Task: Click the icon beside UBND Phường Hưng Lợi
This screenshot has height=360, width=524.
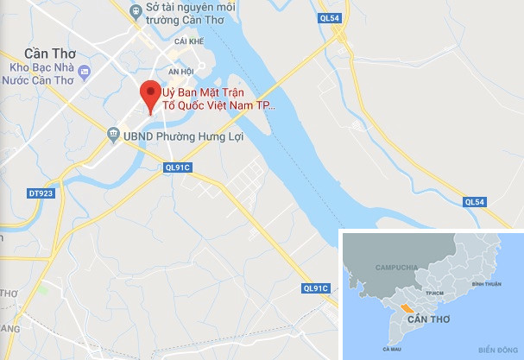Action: click(x=113, y=136)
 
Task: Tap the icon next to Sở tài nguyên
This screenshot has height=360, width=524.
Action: click(x=135, y=8)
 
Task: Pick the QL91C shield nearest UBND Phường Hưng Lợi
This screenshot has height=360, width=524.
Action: click(x=176, y=167)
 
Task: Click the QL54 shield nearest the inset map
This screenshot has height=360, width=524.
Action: click(x=476, y=202)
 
